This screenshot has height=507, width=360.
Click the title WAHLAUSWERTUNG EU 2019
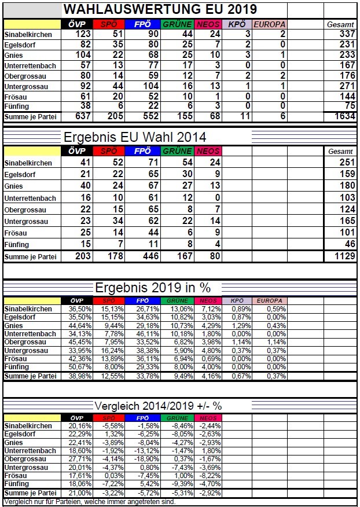(160, 9)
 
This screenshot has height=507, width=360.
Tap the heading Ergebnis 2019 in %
(152, 288)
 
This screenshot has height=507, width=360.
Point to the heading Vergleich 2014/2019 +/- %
(152, 405)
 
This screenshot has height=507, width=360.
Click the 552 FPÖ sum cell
(149, 116)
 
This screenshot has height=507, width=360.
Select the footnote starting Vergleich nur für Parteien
(89, 502)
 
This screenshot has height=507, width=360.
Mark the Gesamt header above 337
(340, 24)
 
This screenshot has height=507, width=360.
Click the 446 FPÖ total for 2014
(149, 256)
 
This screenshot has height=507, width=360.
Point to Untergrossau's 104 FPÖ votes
(149, 86)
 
